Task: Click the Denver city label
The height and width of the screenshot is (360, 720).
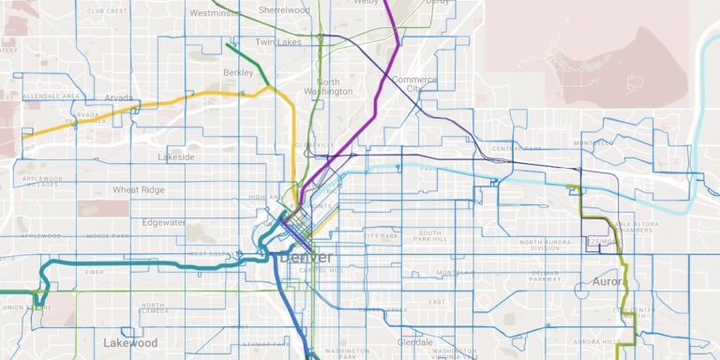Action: coord(305,257)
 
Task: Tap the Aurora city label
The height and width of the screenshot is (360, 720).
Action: coord(608,281)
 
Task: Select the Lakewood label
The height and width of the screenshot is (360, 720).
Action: coord(130,342)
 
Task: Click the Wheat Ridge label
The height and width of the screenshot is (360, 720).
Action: coord(140,189)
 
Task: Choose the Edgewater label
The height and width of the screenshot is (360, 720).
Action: coord(165,222)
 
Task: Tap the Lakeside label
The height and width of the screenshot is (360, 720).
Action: coord(176,157)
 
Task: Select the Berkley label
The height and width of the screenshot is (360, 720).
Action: coord(238,72)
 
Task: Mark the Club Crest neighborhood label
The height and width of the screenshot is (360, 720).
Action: coord(107,10)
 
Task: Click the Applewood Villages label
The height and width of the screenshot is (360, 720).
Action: coord(42,182)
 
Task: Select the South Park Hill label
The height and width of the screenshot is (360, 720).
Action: coord(430,235)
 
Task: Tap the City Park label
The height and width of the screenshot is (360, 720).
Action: coord(382,236)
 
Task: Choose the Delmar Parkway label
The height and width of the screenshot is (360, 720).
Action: coord(545,275)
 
